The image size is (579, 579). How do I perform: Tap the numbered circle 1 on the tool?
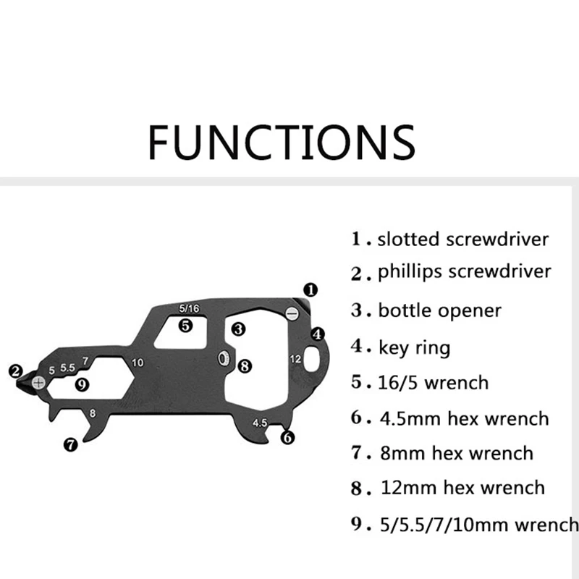(x=310, y=289)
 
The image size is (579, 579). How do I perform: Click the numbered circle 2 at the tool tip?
(x=15, y=371)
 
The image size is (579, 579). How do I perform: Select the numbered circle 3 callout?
(x=238, y=329)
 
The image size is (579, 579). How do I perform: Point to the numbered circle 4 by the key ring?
(x=318, y=334)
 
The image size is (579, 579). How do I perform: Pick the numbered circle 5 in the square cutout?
(x=186, y=326)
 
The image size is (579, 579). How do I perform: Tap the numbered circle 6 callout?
(x=288, y=437)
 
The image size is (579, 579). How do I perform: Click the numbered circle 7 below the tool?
(x=70, y=445)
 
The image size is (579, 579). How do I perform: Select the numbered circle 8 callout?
(x=244, y=365)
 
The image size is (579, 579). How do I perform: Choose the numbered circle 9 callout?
(x=82, y=384)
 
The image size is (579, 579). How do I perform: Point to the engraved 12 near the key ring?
(x=295, y=358)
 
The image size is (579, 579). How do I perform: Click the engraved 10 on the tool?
(x=138, y=363)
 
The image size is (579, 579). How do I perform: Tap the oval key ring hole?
(x=313, y=357)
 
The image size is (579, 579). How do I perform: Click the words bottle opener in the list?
(x=439, y=310)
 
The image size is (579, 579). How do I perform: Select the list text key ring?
(x=414, y=347)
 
